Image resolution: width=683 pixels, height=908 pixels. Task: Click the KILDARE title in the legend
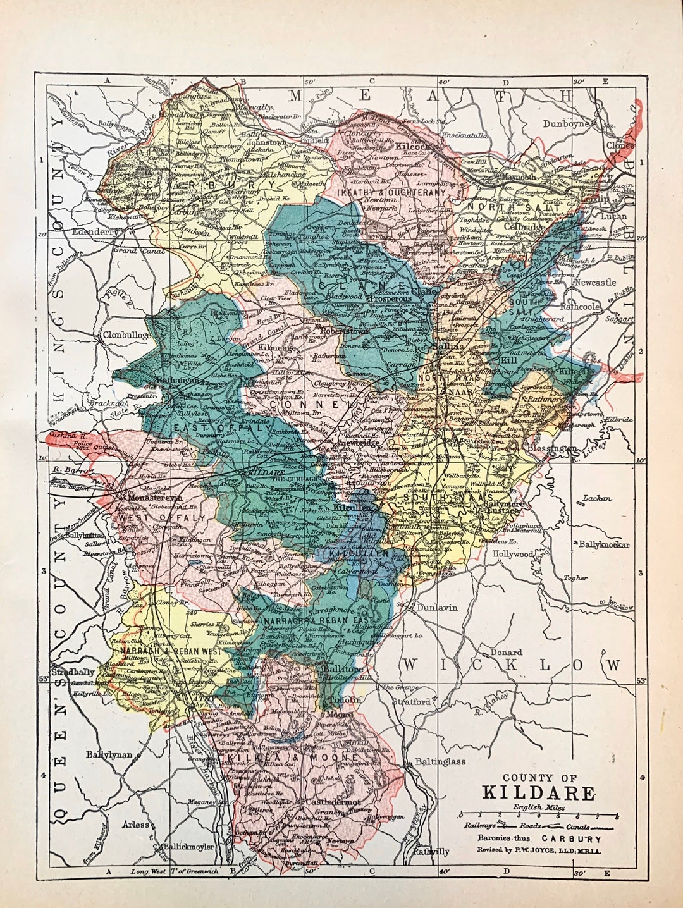[x=539, y=794]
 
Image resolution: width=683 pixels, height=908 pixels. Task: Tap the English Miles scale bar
[x=539, y=815]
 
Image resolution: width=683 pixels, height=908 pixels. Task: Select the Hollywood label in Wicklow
[x=514, y=554]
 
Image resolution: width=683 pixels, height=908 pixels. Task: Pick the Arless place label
[x=136, y=825]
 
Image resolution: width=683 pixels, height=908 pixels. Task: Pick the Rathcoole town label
[x=591, y=307]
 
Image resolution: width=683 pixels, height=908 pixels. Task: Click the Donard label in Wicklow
[x=507, y=652]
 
